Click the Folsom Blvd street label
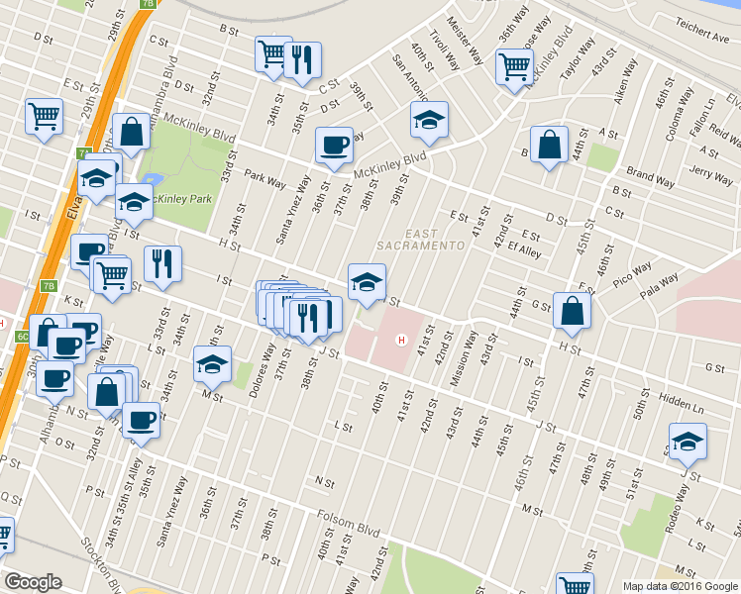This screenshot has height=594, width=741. point(350,521)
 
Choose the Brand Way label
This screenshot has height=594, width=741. point(650,178)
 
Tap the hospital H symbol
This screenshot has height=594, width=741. point(401,341)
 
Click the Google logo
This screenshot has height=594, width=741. point(33,583)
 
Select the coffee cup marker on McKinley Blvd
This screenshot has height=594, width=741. point(334,145)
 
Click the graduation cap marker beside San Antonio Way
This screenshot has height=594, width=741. point(429,120)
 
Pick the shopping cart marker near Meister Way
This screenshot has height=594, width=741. point(515,67)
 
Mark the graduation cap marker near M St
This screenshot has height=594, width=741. point(212,364)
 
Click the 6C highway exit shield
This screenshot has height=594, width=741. point(22,336)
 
